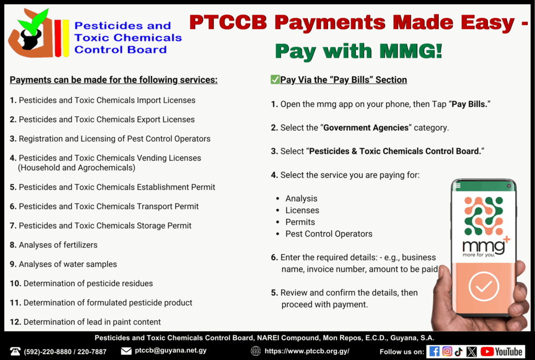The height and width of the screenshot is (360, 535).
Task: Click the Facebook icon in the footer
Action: pos(434,352)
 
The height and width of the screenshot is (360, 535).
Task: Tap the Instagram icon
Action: pos(447,352)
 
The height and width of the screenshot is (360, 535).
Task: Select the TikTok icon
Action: pos(459,352)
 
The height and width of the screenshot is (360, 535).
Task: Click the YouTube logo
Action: pos(501,352)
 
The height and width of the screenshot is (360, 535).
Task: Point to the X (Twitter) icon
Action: pos(472,352)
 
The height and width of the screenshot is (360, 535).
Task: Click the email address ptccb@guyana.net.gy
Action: pos(171,351)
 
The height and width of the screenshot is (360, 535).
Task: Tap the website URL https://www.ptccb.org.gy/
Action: pos(307,351)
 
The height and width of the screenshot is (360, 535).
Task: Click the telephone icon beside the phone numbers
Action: pos(15,351)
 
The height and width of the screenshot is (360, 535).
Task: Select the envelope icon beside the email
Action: pos(126,351)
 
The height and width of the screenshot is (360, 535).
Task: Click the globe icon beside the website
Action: pos(255,351)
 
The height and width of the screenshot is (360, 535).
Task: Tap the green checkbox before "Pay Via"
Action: pos(275,79)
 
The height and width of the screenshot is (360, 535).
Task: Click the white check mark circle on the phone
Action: pos(483,286)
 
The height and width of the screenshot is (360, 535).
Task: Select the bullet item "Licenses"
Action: pos(302,210)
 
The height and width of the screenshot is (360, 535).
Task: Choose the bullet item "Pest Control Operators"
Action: pos(329,234)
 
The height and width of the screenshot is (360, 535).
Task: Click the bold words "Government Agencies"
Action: pos(366,127)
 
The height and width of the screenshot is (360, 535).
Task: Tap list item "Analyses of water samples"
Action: pos(67,264)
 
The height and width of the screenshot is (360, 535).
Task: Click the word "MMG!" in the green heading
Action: pos(411,51)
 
